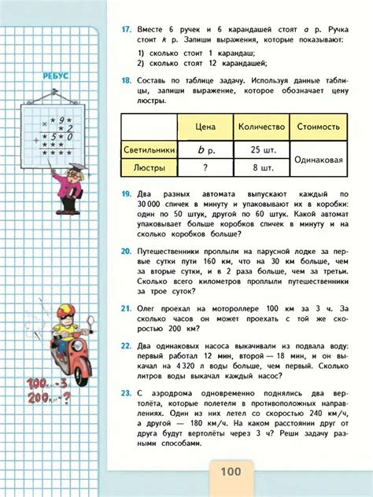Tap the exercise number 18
click(125, 80)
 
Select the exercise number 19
click(125, 193)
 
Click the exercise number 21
click(125, 311)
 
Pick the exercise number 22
click(125, 344)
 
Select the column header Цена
click(205, 126)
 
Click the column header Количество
click(261, 126)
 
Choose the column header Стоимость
click(319, 126)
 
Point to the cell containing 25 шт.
click(261, 149)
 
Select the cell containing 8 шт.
click(261, 167)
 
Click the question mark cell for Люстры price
click(205, 167)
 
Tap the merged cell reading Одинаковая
click(319, 158)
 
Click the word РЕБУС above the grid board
click(54, 77)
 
